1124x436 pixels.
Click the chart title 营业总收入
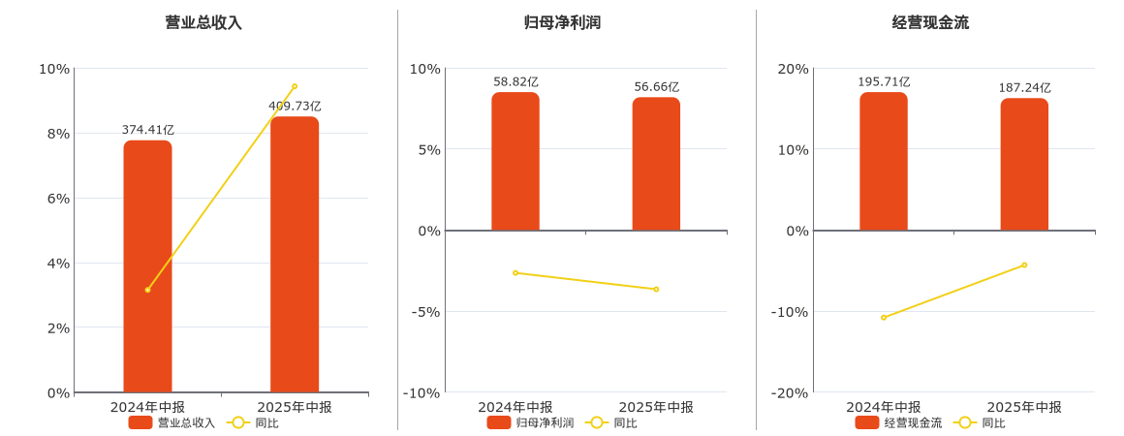203,22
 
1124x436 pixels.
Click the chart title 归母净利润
562,22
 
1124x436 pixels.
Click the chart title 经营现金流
930,22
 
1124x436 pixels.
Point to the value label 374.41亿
147,130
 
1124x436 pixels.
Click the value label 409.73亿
295,107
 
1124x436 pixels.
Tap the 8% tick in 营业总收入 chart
54,134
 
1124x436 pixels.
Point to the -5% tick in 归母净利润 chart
425,312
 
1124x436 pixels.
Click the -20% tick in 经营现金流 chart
790,392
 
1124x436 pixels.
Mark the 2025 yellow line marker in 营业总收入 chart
295,86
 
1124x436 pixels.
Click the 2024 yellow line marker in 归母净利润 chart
515,273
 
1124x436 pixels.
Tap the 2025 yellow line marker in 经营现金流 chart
1024,265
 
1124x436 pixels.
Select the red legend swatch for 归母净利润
499,422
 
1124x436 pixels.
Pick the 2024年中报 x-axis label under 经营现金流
884,407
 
